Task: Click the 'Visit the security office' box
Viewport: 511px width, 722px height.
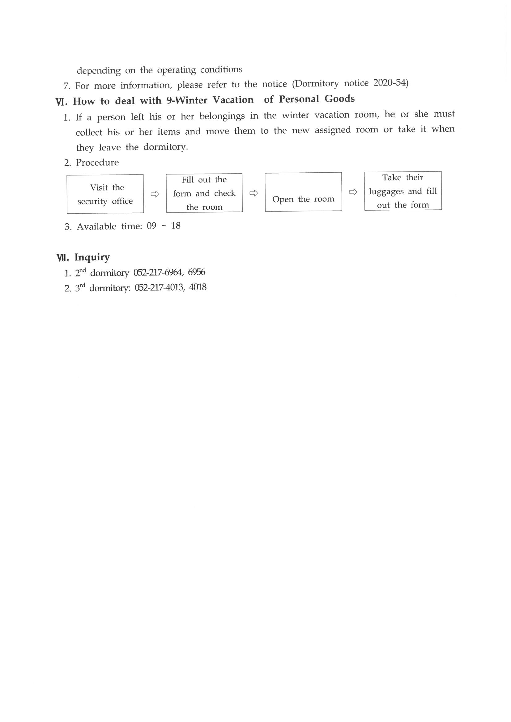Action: point(105,194)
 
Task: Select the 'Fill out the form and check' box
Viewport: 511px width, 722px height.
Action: point(204,193)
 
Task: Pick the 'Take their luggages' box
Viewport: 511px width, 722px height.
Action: point(403,191)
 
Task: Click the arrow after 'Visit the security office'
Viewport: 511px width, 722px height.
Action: point(155,194)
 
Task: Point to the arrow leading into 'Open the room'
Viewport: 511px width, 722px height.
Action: point(253,193)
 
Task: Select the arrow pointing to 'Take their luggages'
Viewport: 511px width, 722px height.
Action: point(353,192)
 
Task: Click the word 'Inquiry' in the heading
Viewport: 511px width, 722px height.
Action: point(92,257)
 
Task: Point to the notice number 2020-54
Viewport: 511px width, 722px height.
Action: point(390,83)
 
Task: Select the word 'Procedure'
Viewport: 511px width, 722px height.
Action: point(97,162)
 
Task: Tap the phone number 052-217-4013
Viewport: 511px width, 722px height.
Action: point(159,288)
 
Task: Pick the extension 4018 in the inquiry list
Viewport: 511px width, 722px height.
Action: point(198,287)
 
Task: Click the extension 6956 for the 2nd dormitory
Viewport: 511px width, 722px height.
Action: point(197,272)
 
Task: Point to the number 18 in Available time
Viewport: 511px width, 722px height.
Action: point(176,226)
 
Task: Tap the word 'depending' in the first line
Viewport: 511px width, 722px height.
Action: point(99,70)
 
